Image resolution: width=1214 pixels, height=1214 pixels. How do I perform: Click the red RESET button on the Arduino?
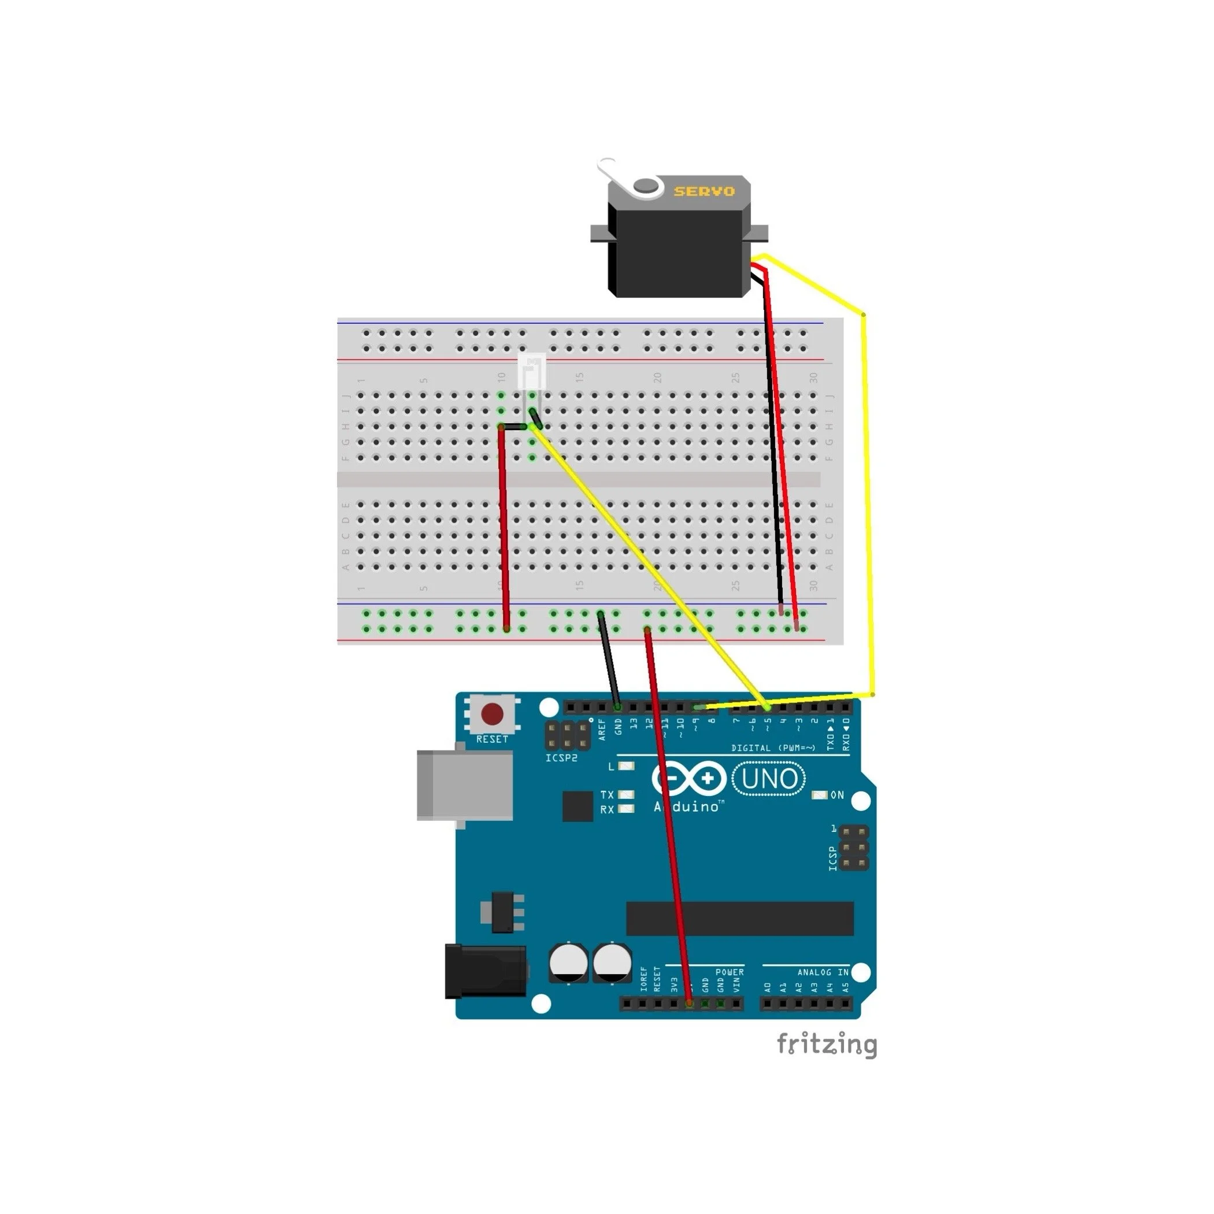click(491, 714)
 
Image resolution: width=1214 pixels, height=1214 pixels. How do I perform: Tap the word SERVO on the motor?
click(704, 191)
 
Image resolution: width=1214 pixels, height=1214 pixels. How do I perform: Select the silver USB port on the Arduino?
click(464, 786)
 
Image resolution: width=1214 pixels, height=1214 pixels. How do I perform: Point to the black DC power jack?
click(485, 971)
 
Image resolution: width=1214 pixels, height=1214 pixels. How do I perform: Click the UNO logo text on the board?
click(769, 779)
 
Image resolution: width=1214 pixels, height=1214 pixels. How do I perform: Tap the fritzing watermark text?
click(826, 1045)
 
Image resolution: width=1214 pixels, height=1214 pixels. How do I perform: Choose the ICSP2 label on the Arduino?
click(561, 758)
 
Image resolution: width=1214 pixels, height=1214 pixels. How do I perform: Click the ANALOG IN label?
click(823, 972)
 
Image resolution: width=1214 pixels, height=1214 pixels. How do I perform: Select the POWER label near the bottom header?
click(730, 972)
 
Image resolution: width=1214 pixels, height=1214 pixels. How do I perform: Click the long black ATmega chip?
click(739, 919)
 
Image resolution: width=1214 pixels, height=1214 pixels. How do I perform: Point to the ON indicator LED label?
click(837, 795)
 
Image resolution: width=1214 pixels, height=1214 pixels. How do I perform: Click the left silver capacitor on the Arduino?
click(569, 963)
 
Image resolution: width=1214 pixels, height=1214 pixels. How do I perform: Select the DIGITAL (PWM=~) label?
click(773, 747)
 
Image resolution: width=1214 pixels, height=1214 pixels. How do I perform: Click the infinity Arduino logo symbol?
click(689, 779)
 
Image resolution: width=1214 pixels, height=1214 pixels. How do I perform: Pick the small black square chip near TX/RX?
click(578, 806)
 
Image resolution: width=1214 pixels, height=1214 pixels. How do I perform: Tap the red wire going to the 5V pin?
click(669, 817)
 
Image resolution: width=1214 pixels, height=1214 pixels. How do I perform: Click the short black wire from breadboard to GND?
click(609, 660)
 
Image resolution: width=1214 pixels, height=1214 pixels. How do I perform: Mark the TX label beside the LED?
click(606, 795)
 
